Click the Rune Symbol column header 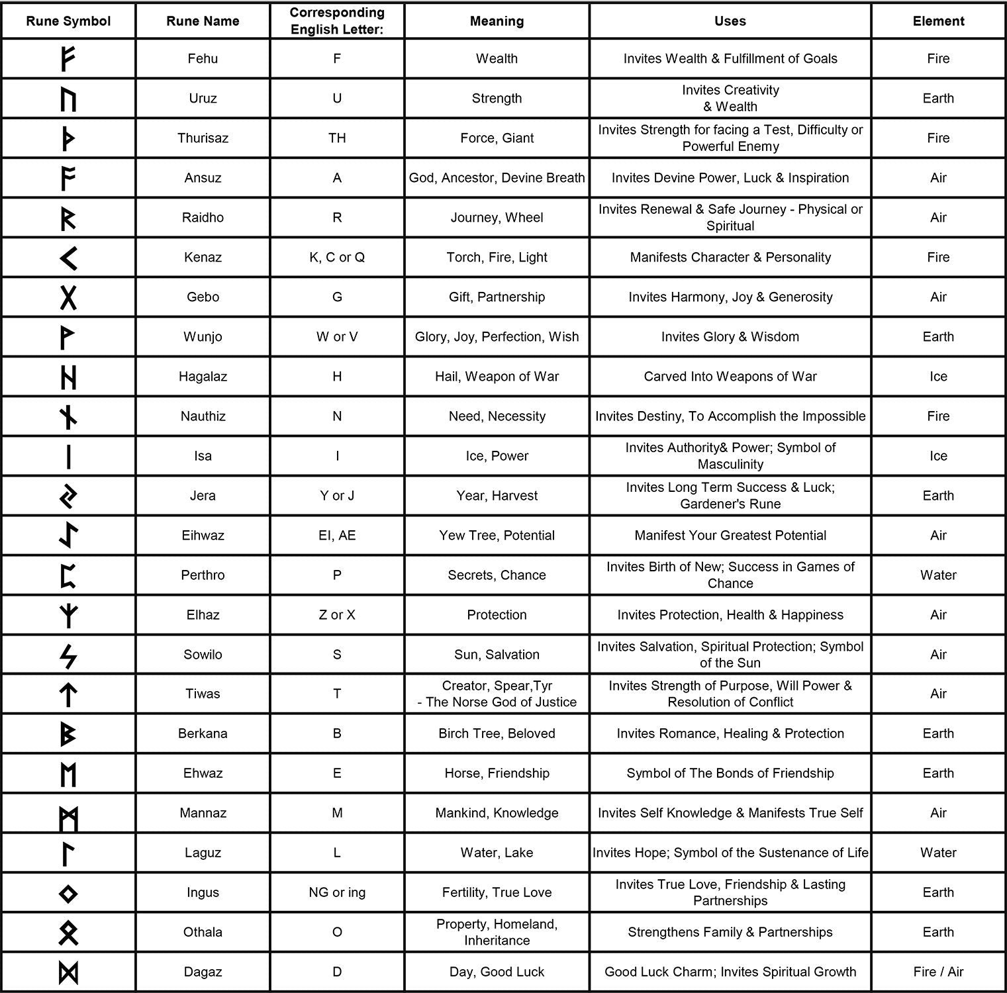pyautogui.click(x=68, y=21)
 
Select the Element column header pyautogui.click(x=938, y=21)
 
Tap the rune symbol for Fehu pyautogui.click(x=68, y=59)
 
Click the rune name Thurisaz pyautogui.click(x=203, y=138)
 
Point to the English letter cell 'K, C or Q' pyautogui.click(x=337, y=258)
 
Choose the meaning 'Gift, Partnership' pyautogui.click(x=497, y=297)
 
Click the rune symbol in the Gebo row pyautogui.click(x=68, y=297)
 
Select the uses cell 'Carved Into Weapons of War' pyautogui.click(x=730, y=377)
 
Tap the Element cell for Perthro pyautogui.click(x=938, y=575)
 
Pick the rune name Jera pyautogui.click(x=203, y=496)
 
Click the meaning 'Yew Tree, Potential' pyautogui.click(x=497, y=536)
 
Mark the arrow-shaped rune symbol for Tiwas pyautogui.click(x=68, y=694)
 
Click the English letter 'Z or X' pyautogui.click(x=337, y=615)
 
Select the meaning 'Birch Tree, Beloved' pyautogui.click(x=497, y=733)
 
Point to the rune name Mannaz pyautogui.click(x=203, y=813)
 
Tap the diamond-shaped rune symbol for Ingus pyautogui.click(x=68, y=894)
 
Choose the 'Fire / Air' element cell pyautogui.click(x=938, y=972)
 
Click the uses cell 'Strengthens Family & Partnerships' pyautogui.click(x=730, y=932)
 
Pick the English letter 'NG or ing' pyautogui.click(x=337, y=892)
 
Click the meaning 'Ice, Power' pyautogui.click(x=497, y=456)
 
